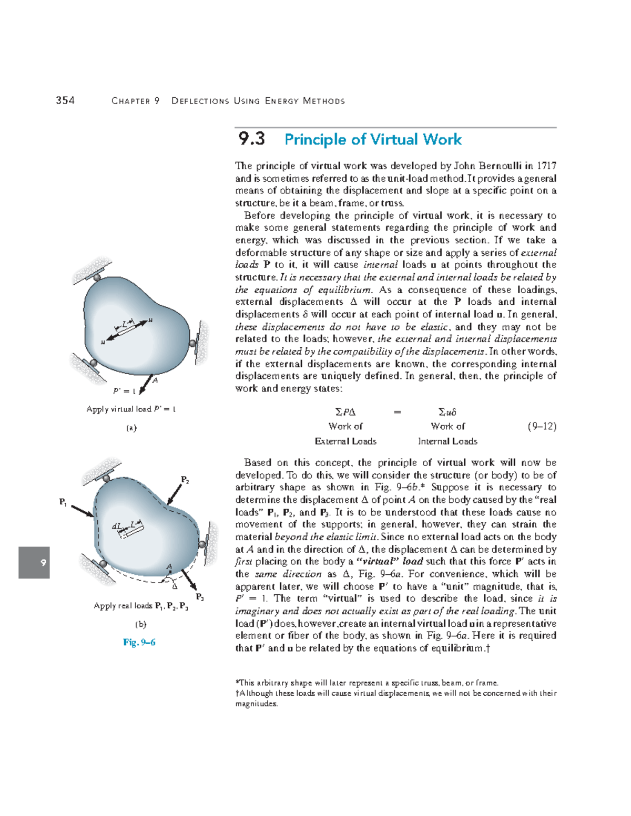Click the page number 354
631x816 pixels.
(65, 100)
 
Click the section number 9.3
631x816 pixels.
(251, 139)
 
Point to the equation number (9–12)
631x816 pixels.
(542, 426)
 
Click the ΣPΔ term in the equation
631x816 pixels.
(345, 412)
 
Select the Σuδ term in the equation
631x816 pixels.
(447, 412)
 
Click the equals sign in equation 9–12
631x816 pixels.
(398, 412)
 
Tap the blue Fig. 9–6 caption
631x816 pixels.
(139, 642)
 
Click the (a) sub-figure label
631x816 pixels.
(131, 428)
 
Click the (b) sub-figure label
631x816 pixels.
(140, 624)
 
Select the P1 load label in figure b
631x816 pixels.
(63, 502)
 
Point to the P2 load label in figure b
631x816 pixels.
(185, 480)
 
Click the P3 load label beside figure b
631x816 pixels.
(200, 597)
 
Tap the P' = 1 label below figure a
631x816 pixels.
(125, 391)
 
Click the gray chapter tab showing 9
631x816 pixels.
(34, 562)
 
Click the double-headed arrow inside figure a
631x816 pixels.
(127, 331)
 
